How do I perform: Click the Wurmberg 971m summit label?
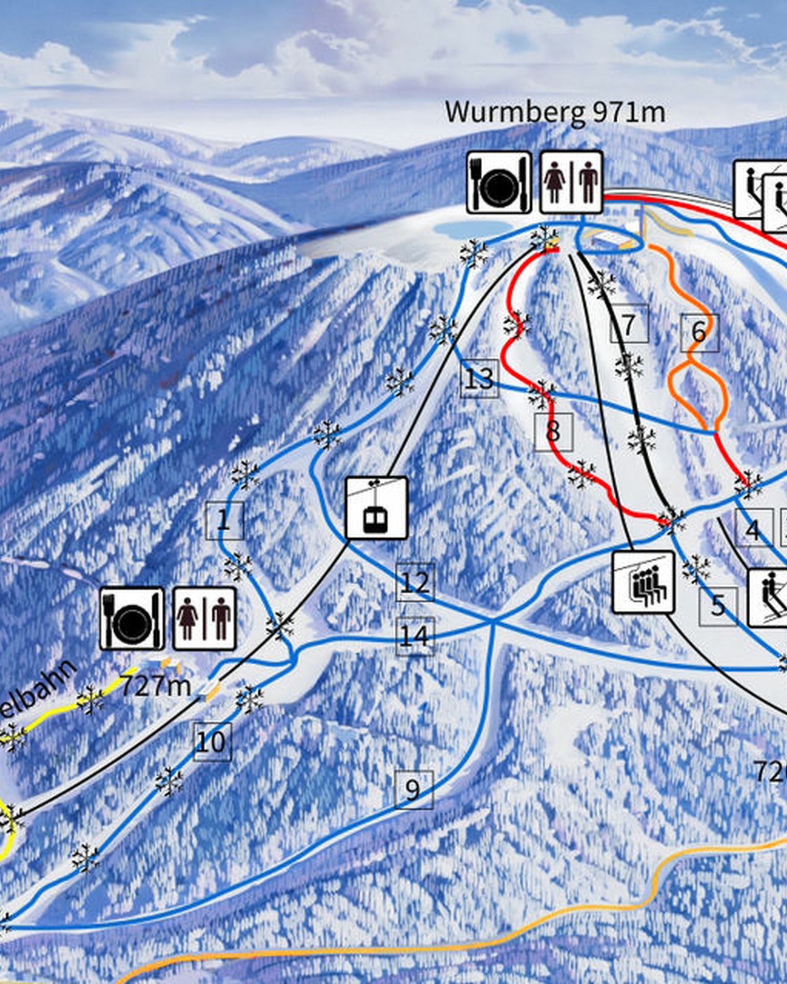point(555,112)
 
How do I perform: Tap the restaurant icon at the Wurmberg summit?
point(499,182)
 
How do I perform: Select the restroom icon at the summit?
point(571,182)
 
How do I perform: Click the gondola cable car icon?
point(377,508)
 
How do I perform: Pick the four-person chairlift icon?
point(644,582)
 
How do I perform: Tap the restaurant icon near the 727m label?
point(132,619)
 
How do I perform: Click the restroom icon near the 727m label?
point(204,619)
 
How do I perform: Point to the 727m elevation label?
point(155,686)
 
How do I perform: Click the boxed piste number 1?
point(224,521)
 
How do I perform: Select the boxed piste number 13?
point(480,379)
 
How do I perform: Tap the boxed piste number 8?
point(553,432)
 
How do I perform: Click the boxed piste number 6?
point(699,333)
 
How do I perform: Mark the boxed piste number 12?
point(416,582)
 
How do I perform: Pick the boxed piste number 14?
point(415,636)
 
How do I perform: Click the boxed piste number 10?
point(212,742)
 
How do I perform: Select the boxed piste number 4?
point(754,529)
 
